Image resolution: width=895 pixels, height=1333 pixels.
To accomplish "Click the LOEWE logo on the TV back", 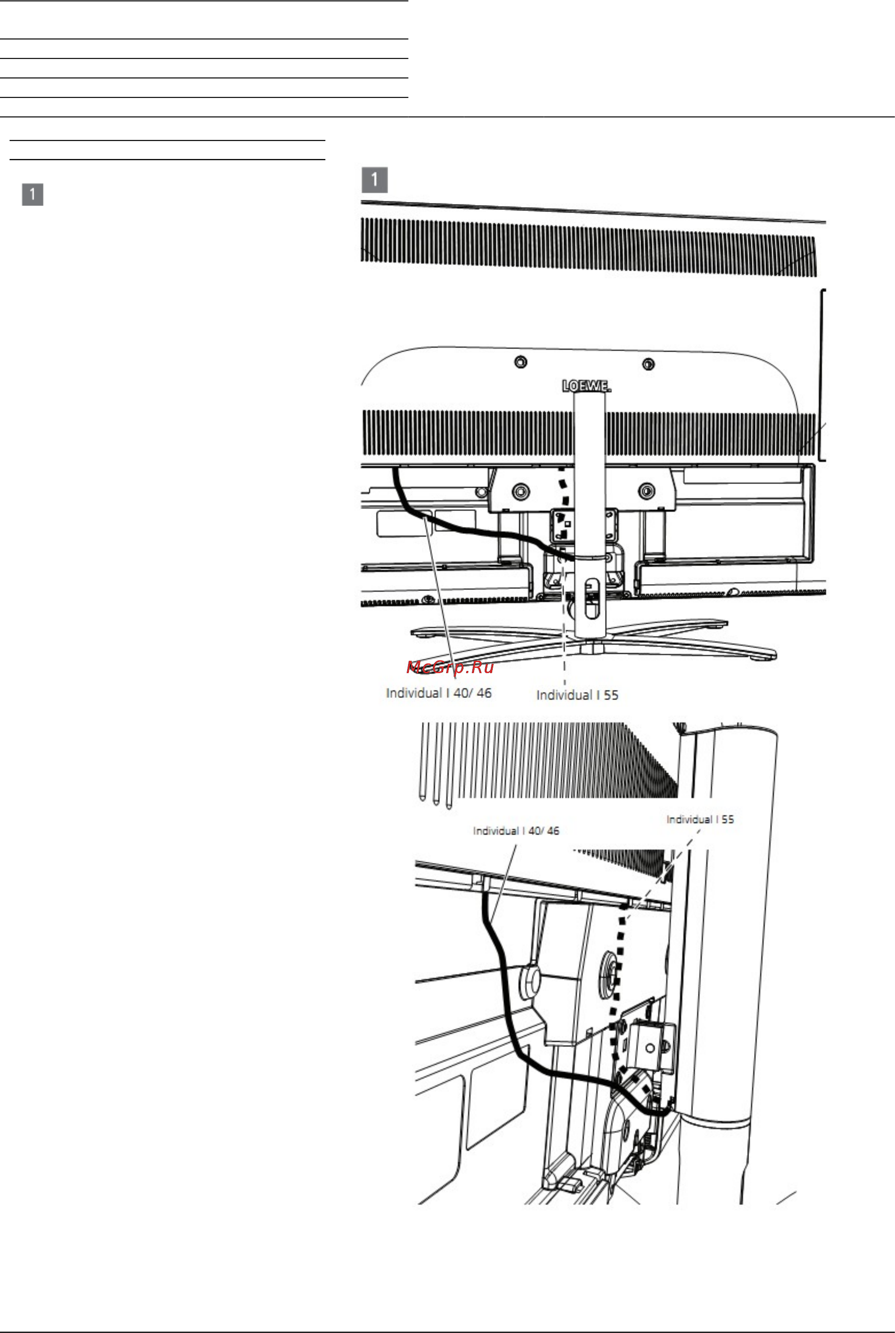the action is (x=586, y=386).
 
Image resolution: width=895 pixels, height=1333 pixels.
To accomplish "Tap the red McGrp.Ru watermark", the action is (x=450, y=667).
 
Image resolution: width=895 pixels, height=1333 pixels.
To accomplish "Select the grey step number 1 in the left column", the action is (x=32, y=194).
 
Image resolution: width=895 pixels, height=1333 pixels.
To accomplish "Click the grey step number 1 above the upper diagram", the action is (x=374, y=180).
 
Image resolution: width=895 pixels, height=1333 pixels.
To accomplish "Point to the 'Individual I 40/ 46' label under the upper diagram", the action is (x=438, y=693).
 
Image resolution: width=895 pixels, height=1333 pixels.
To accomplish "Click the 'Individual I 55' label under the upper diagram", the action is (x=577, y=695).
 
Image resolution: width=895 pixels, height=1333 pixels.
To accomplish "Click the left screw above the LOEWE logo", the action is (x=521, y=362).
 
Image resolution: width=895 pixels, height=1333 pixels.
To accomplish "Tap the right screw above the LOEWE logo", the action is (x=648, y=364).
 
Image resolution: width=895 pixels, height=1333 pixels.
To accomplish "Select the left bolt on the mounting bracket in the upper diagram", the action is (x=520, y=491).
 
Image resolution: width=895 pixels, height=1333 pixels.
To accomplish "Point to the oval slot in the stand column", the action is (x=592, y=599).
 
